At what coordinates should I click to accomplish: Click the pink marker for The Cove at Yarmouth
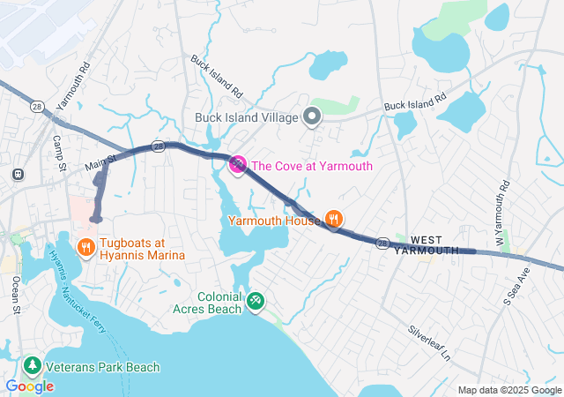(238, 164)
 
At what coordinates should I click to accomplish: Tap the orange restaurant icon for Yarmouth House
(333, 218)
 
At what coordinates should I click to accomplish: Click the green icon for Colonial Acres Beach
(255, 302)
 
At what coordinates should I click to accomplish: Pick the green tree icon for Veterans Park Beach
(33, 365)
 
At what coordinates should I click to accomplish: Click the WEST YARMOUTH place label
(427, 245)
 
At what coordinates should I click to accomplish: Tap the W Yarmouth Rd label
(503, 202)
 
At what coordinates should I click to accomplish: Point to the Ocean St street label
(16, 296)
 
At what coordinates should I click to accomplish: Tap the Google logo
(29, 386)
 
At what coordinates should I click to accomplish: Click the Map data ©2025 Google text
(509, 390)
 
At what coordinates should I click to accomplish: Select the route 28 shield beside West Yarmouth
(382, 242)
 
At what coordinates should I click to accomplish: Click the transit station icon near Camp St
(17, 174)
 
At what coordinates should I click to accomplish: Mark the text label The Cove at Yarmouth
(312, 166)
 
